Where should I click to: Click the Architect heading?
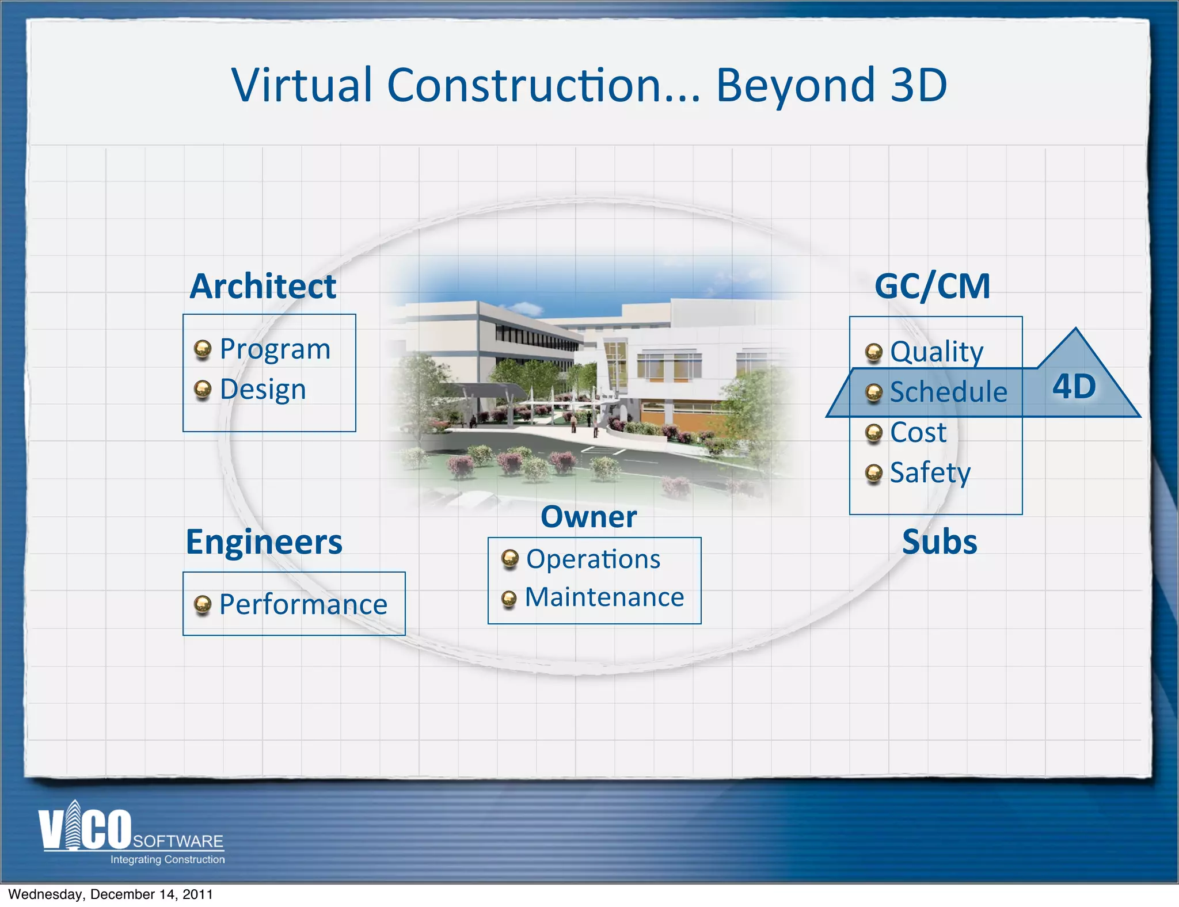tap(263, 286)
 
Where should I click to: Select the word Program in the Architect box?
tap(275, 349)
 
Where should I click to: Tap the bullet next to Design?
tap(202, 390)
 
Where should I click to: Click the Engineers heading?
tap(264, 542)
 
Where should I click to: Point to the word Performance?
tap(303, 605)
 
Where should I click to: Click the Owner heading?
tap(588, 517)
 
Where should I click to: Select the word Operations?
tap(593, 559)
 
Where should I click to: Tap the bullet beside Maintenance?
tap(509, 599)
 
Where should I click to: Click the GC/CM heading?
tap(932, 286)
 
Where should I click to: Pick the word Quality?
tap(937, 352)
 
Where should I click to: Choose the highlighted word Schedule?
tap(948, 392)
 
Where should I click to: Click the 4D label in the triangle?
tap(1074, 386)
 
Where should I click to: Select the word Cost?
tap(918, 433)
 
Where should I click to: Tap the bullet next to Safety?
tap(874, 474)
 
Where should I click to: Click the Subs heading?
tap(940, 542)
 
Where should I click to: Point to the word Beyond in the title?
tap(795, 85)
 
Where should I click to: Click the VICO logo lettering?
tap(85, 829)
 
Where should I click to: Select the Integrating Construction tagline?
tap(168, 859)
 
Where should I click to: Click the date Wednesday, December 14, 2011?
tap(111, 894)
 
